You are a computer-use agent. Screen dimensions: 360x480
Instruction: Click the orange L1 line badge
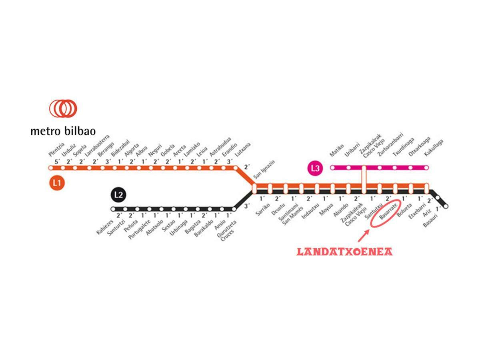(x=57, y=183)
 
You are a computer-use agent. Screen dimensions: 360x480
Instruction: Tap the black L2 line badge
(x=118, y=195)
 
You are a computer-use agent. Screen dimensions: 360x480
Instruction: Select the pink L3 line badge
(x=315, y=168)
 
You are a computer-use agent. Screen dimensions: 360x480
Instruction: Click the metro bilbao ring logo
(x=63, y=108)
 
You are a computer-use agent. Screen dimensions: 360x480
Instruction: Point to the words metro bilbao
(x=63, y=131)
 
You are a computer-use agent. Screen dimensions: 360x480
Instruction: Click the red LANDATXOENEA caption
(x=344, y=252)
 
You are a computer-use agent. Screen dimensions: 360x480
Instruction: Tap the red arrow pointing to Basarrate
(x=363, y=236)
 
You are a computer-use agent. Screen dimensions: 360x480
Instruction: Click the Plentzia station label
(x=56, y=149)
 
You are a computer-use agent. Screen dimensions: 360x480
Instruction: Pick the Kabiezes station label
(x=105, y=226)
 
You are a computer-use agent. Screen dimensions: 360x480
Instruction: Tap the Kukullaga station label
(x=434, y=148)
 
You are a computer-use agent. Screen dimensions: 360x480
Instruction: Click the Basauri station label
(x=430, y=220)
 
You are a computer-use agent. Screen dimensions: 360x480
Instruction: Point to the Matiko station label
(x=337, y=150)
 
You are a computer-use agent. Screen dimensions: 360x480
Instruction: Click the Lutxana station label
(x=243, y=150)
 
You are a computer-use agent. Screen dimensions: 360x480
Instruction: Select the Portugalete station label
(x=138, y=229)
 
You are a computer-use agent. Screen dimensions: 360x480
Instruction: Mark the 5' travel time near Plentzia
(x=57, y=162)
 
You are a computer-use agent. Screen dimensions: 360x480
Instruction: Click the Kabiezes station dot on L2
(x=113, y=209)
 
